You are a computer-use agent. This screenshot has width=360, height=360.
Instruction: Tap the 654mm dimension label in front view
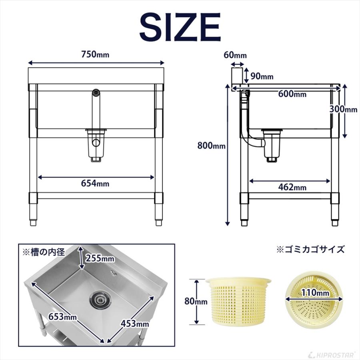pyautogui.click(x=95, y=183)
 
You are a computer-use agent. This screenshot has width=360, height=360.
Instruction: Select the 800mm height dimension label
pyautogui.click(x=212, y=146)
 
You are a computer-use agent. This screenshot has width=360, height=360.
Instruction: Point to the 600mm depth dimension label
pyautogui.click(x=293, y=94)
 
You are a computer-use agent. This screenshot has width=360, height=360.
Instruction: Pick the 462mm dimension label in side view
pyautogui.click(x=293, y=187)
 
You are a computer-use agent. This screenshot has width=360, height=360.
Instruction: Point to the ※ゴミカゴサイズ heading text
pyautogui.click(x=311, y=250)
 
